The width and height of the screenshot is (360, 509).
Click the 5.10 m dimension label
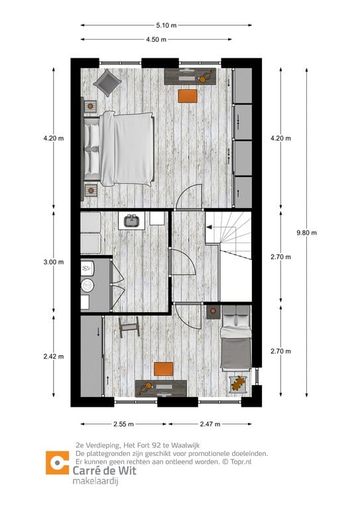pos(166,26)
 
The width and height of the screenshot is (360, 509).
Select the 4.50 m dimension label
pos(156,39)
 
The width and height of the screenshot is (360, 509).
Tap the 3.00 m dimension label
pos(53,262)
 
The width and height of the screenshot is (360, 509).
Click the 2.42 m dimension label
pos(53,357)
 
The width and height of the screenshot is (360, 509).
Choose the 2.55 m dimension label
pos(123,424)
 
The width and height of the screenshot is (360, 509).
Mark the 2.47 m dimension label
pos(211,424)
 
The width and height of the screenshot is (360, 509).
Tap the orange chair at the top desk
pos(188,95)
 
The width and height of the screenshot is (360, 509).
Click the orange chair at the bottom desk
pos(163,369)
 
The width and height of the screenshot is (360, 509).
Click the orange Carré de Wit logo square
pos(57,463)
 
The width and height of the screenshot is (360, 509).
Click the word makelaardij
pos(95,480)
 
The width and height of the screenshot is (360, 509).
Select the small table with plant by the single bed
pos(237,383)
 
